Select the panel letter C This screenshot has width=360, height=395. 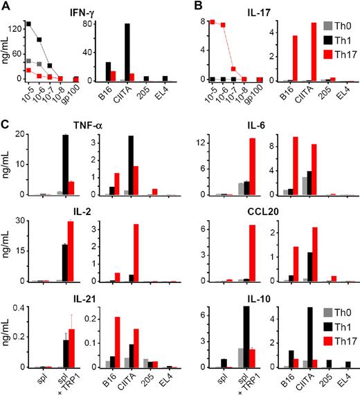pyautogui.click(x=6, y=124)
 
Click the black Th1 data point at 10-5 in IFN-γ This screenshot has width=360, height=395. pyautogui.click(x=28, y=24)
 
